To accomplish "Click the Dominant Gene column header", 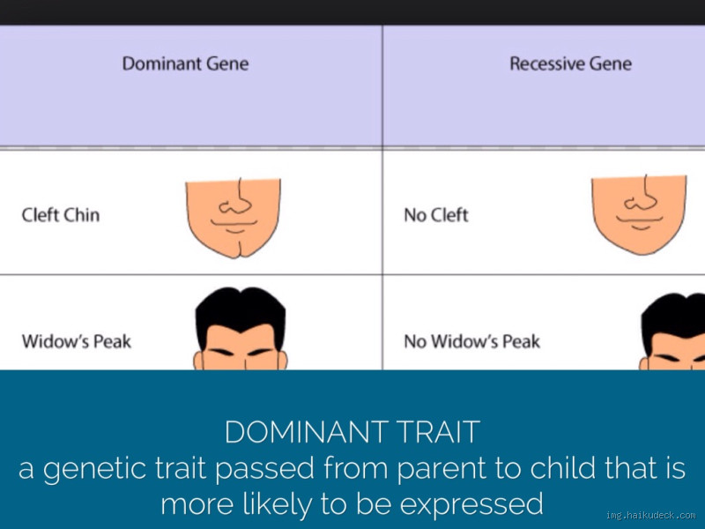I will point(185,63).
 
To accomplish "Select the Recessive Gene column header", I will point(570,63).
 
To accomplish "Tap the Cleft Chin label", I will point(61,215).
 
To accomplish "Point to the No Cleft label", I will point(435,215).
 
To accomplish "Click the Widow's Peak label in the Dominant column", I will point(77,341).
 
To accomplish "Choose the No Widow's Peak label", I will point(471,341).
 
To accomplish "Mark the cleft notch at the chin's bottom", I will point(234,250).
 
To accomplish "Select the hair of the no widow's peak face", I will point(674,317).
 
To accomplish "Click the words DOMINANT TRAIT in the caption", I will point(352,433).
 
